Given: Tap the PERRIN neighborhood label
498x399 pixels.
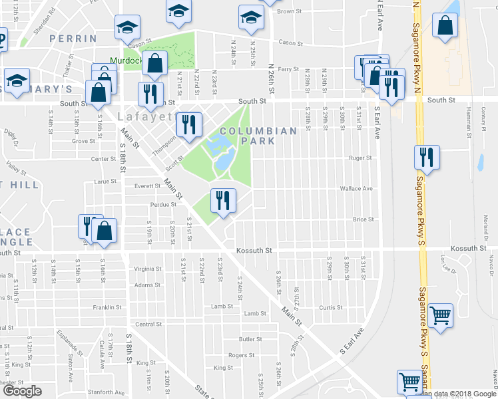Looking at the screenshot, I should (73, 39).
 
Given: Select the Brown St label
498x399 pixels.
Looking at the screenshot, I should (290, 11).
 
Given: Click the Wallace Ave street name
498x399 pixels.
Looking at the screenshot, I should (356, 189).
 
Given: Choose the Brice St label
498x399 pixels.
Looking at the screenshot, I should (363, 219).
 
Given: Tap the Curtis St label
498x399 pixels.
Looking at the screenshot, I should (330, 307).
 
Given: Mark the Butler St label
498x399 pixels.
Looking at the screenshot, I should (250, 339).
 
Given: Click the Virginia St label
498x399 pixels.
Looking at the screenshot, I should (148, 269).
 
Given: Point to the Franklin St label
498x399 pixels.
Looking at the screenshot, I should (107, 307).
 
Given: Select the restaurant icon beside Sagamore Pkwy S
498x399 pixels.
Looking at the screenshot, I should (424, 158).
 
